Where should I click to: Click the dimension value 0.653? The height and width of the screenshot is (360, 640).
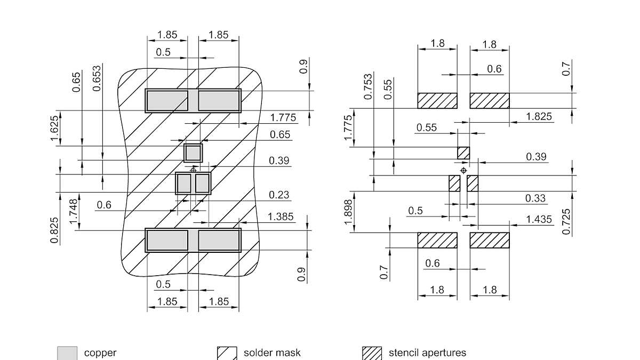click(x=97, y=78)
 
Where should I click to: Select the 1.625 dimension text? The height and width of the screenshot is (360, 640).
click(x=54, y=129)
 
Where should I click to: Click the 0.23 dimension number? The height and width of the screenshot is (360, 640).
click(x=279, y=195)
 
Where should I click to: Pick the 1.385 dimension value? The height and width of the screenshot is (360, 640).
click(x=281, y=217)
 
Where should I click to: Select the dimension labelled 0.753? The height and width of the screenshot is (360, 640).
click(x=369, y=87)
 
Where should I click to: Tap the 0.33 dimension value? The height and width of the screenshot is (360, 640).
click(x=535, y=198)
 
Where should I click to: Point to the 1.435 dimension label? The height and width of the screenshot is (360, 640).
click(x=539, y=219)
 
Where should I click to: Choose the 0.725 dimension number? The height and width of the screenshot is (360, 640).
click(x=566, y=221)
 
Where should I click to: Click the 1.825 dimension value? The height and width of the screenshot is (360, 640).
click(x=539, y=117)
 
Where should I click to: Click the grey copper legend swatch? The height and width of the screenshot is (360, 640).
click(x=67, y=353)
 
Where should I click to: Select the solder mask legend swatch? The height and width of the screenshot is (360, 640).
click(x=227, y=353)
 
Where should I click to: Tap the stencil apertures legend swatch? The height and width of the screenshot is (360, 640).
click(x=372, y=353)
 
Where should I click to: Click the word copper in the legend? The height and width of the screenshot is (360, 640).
click(x=100, y=353)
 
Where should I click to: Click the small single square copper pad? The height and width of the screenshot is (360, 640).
click(x=193, y=153)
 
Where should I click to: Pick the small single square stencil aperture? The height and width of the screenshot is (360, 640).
click(x=463, y=153)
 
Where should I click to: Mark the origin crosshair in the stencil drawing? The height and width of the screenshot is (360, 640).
click(x=463, y=170)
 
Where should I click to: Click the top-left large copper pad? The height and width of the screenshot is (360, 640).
click(x=167, y=101)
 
